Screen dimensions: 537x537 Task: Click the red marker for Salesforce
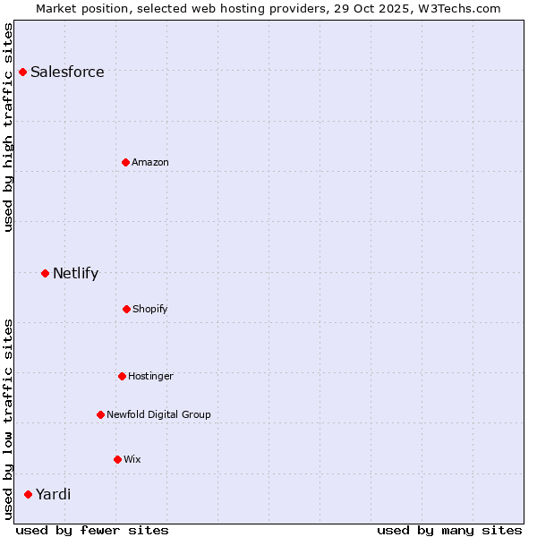(x=22, y=72)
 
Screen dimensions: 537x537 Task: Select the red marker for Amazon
(x=126, y=162)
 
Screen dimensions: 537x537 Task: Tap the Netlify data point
(x=45, y=273)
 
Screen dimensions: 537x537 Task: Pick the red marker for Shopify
(x=126, y=309)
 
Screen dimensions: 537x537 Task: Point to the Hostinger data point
(x=122, y=376)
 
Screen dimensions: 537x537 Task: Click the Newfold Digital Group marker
(x=100, y=414)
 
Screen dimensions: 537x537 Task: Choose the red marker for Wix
(x=117, y=459)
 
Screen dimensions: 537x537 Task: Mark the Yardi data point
(x=28, y=494)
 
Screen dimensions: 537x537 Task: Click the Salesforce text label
(x=67, y=72)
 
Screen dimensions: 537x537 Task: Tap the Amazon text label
(x=150, y=162)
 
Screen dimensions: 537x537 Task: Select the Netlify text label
(x=75, y=273)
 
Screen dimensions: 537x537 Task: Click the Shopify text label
(x=150, y=309)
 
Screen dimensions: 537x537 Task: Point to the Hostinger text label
(x=150, y=376)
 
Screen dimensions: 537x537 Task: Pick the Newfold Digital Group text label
(x=158, y=414)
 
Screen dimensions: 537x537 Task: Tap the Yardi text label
(x=53, y=494)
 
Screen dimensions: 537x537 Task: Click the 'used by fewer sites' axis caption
(x=92, y=530)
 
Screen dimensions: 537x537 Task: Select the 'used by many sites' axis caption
(x=449, y=530)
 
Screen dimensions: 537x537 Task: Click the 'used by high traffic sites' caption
(x=9, y=127)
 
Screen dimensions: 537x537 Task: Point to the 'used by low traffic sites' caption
(x=9, y=419)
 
